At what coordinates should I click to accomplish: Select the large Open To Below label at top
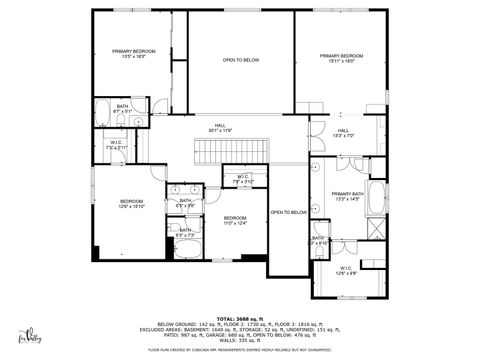(241, 60)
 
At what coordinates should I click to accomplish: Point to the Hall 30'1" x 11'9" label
(219, 127)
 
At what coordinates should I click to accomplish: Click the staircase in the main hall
(230, 152)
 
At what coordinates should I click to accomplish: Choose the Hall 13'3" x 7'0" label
(343, 133)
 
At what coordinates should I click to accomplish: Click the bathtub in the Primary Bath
(377, 198)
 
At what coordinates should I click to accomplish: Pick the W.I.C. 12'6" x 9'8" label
(346, 270)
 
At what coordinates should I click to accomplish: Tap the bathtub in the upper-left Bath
(105, 112)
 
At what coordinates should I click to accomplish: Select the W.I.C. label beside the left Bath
(116, 145)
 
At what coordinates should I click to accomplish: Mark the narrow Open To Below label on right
(288, 212)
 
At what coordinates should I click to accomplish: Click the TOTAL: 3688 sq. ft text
(240, 317)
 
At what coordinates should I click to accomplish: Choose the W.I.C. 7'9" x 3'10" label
(243, 179)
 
